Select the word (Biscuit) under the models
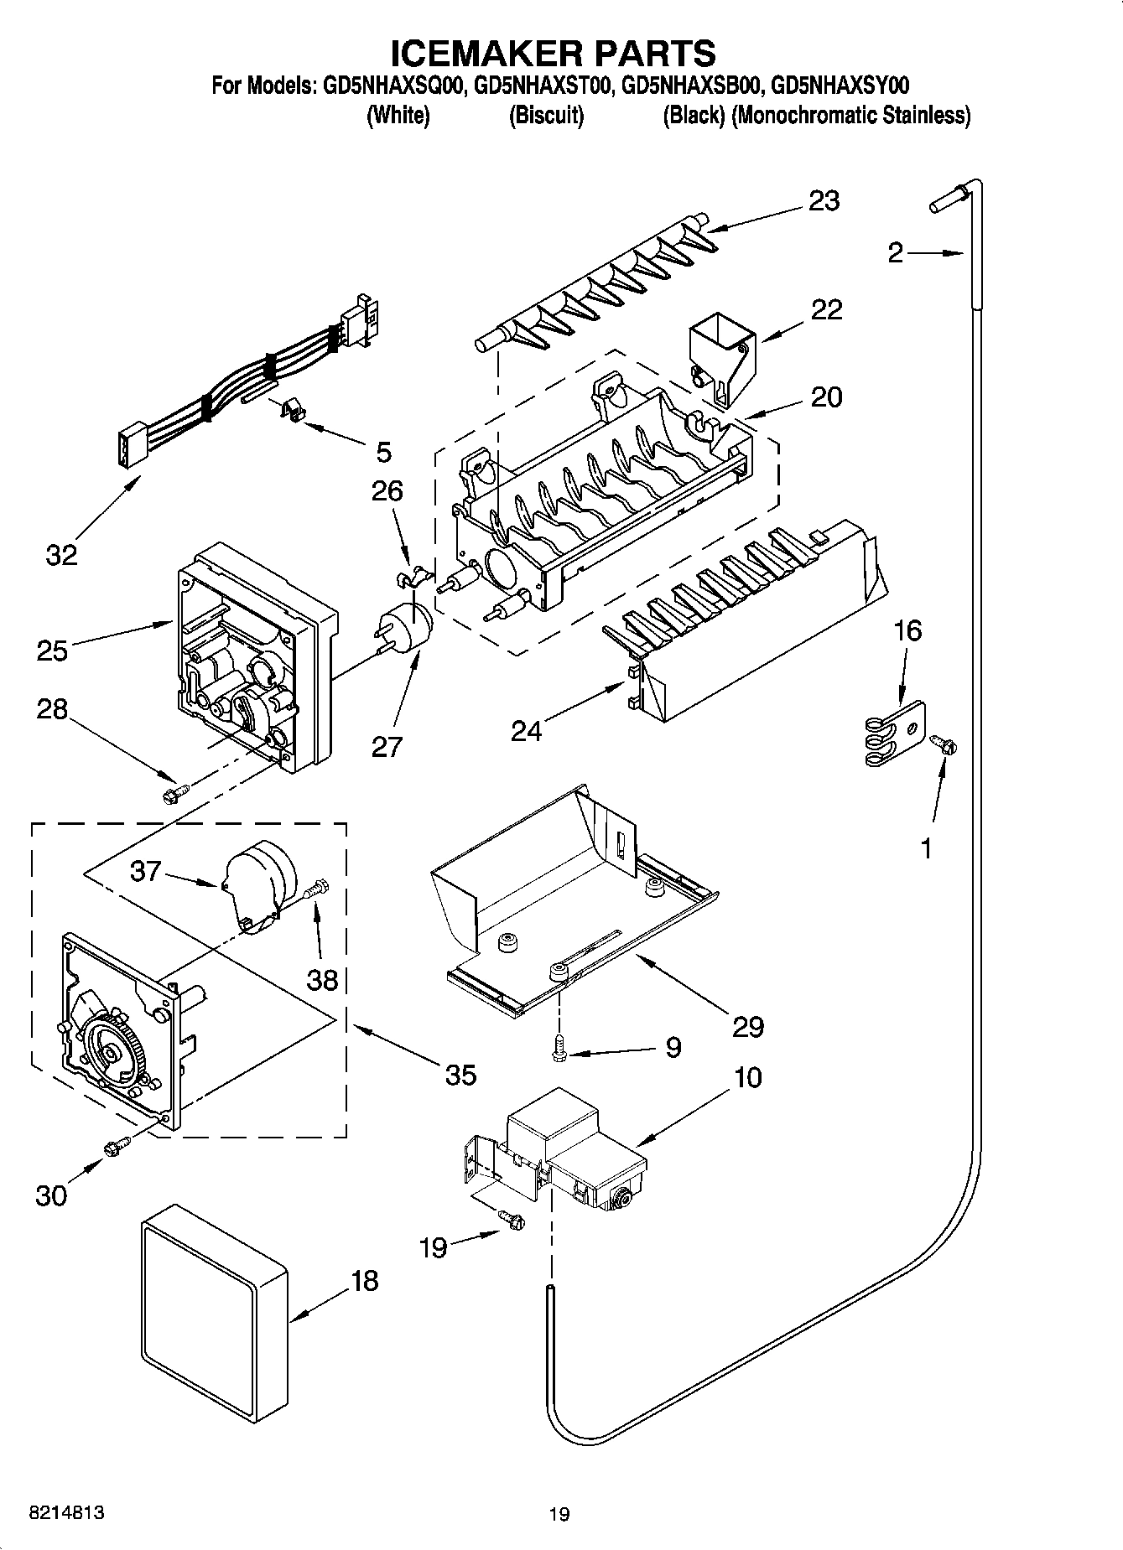pyautogui.click(x=546, y=116)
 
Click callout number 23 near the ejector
pyautogui.click(x=824, y=201)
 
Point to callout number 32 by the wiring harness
pyautogui.click(x=61, y=554)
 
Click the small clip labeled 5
pyautogui.click(x=290, y=411)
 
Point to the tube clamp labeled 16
pyautogui.click(x=893, y=733)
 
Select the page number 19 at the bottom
pyautogui.click(x=559, y=1514)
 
